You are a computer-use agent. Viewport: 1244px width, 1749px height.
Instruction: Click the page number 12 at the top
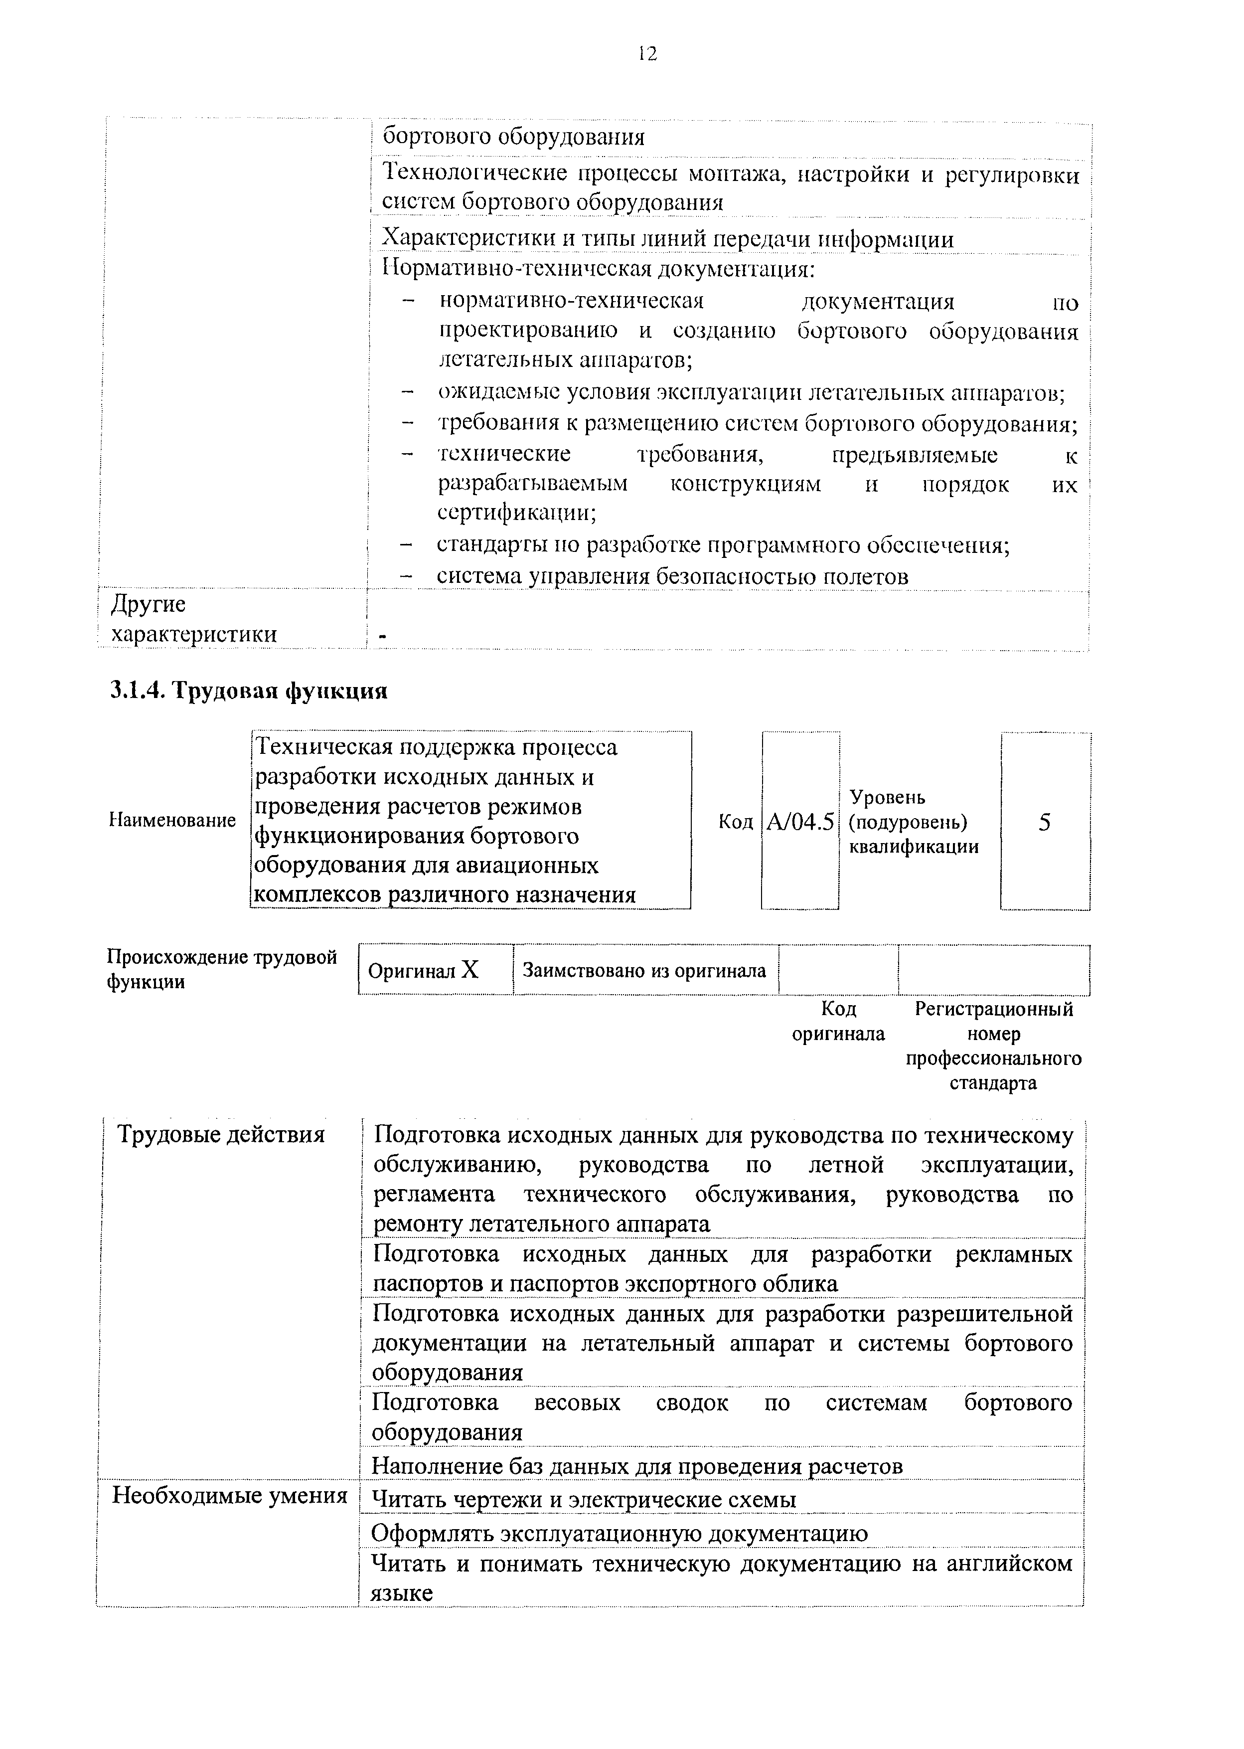pyautogui.click(x=647, y=54)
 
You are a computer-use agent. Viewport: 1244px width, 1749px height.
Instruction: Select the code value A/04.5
pyautogui.click(x=800, y=822)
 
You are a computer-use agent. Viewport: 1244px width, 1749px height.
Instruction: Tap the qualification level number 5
pyautogui.click(x=1044, y=822)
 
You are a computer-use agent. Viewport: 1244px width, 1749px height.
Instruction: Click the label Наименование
pyautogui.click(x=173, y=821)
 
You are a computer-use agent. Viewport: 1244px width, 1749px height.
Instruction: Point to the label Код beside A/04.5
pyautogui.click(x=735, y=822)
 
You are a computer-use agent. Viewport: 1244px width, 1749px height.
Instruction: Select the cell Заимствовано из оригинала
pyautogui.click(x=644, y=971)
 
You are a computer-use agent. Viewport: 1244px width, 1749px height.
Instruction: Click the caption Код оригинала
pyautogui.click(x=838, y=1021)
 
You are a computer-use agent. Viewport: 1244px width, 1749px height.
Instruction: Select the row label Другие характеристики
pyautogui.click(x=194, y=619)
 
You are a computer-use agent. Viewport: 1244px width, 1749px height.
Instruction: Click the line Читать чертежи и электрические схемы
pyautogui.click(x=584, y=1499)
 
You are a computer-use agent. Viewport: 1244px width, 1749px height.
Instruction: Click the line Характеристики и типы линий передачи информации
pyautogui.click(x=668, y=239)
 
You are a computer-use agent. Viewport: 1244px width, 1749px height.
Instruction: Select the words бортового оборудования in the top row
pyautogui.click(x=513, y=137)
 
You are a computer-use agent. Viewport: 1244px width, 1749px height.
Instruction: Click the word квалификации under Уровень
pyautogui.click(x=914, y=847)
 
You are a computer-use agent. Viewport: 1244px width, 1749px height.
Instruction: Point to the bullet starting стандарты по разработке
pyautogui.click(x=723, y=545)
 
